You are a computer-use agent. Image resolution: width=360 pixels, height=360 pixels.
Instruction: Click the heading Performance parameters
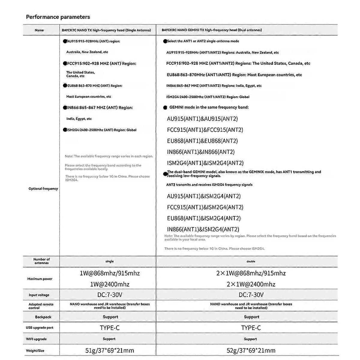[58, 17]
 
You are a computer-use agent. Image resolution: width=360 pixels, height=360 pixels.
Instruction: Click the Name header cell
[39, 30]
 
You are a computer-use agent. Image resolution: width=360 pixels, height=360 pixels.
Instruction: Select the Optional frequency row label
[43, 189]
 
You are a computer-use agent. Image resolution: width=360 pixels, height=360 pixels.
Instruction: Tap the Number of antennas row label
[41, 261]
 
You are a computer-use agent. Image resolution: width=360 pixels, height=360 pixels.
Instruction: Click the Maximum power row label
[40, 279]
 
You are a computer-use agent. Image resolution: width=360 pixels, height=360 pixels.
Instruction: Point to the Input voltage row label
[39, 295]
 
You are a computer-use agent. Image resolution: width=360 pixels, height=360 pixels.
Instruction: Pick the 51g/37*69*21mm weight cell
[110, 350]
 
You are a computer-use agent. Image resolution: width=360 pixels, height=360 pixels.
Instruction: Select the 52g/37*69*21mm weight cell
[251, 350]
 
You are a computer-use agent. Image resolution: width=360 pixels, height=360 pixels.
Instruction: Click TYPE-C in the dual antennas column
[251, 328]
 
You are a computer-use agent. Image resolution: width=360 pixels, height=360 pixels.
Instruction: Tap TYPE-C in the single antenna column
[110, 328]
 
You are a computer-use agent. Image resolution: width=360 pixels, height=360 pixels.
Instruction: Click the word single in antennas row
[109, 261]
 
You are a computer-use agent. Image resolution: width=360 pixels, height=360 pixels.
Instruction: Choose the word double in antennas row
[251, 261]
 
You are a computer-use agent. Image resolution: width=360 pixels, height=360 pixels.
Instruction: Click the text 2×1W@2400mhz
[251, 284]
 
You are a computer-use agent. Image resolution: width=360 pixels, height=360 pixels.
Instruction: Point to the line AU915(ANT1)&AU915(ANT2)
[202, 119]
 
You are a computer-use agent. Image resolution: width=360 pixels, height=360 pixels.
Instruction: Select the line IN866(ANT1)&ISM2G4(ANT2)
[203, 229]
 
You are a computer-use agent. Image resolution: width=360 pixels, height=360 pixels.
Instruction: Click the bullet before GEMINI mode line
[165, 107]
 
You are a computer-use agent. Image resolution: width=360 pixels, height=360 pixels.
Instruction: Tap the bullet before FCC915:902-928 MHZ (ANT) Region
[65, 64]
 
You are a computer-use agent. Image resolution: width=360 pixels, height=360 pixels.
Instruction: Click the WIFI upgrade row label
[36, 339]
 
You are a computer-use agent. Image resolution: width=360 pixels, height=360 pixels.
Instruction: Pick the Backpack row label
[43, 317]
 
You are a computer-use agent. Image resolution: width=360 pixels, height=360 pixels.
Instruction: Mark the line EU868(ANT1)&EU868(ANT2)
[202, 141]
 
